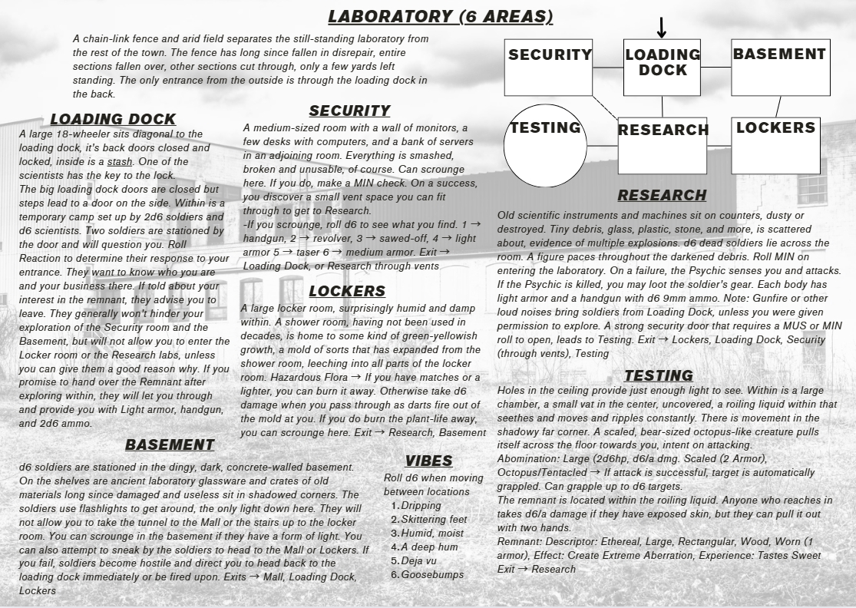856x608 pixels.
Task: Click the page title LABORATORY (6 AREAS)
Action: pos(440,17)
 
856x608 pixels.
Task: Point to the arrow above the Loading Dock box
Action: pos(662,28)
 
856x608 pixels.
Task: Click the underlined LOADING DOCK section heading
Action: pos(113,119)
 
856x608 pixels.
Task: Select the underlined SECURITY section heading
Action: pos(349,111)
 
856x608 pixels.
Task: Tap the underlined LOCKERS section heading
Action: pos(347,291)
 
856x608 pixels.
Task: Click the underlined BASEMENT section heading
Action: pos(170,444)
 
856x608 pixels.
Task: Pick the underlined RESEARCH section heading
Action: pos(662,195)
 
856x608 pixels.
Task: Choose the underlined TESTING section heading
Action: pos(659,375)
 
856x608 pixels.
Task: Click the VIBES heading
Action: pos(428,461)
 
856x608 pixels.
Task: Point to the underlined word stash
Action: pos(120,162)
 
